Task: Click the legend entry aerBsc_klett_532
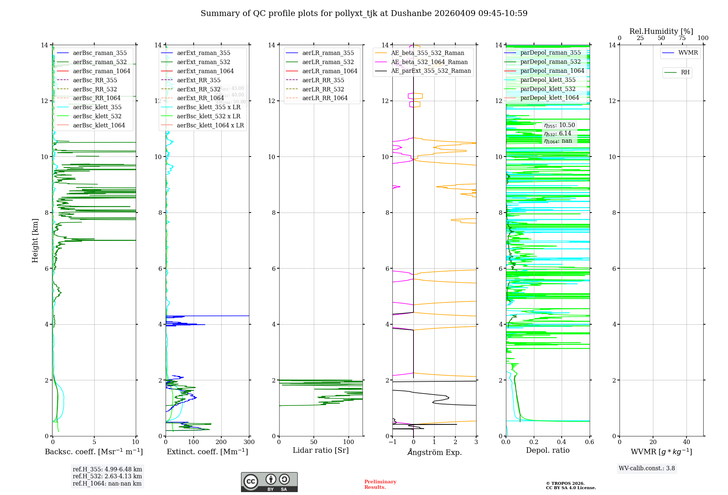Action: (97, 116)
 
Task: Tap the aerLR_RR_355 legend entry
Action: (323, 80)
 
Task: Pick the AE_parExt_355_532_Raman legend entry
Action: (431, 71)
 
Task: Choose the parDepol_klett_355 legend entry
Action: (548, 80)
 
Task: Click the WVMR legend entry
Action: (688, 53)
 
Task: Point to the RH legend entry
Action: (685, 72)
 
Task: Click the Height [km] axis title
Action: (35, 241)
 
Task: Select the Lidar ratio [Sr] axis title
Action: (321, 451)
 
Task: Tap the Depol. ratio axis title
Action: (548, 451)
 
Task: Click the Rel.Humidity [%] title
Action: (661, 32)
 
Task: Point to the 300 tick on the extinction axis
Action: (249, 442)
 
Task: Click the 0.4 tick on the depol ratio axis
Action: (562, 442)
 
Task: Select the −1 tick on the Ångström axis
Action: (392, 442)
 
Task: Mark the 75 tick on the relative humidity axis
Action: (682, 38)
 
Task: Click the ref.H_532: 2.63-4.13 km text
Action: (107, 476)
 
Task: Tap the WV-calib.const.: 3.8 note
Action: (647, 468)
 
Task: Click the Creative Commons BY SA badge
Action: (269, 482)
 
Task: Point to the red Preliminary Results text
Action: (380, 484)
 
